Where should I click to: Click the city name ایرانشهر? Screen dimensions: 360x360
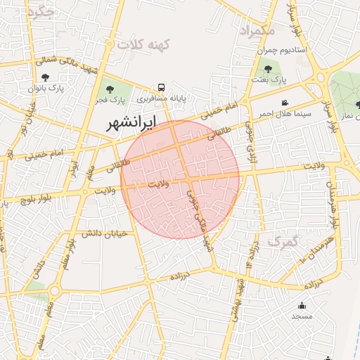(131, 124)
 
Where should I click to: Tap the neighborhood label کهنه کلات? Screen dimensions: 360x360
(145, 44)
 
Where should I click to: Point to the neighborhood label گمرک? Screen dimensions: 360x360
(283, 241)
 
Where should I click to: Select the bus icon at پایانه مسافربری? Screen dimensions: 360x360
(162, 88)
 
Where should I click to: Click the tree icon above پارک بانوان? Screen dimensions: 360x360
(46, 77)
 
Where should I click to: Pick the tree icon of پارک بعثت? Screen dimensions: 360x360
(267, 69)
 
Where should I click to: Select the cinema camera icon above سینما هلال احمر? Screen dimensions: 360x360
(284, 103)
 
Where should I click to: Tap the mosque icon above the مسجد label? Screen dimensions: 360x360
(302, 305)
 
